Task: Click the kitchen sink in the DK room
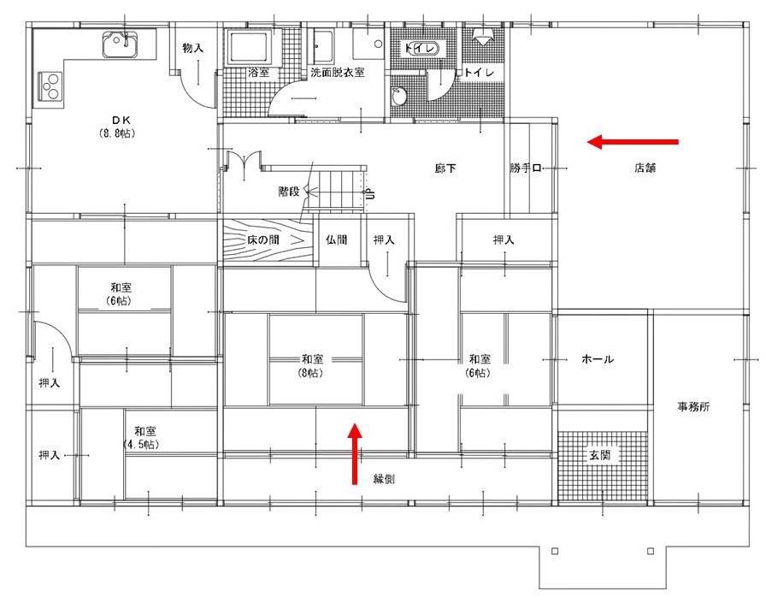click(x=121, y=44)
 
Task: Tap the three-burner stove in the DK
click(x=50, y=86)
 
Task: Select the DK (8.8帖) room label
click(x=118, y=127)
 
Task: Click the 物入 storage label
click(x=192, y=48)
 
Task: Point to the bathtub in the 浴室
click(x=250, y=47)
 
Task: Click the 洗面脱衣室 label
click(x=338, y=73)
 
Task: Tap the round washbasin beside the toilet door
click(x=399, y=97)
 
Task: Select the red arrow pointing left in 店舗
click(x=633, y=142)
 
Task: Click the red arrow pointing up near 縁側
click(x=355, y=454)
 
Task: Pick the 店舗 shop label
click(x=645, y=168)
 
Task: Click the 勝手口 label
click(x=525, y=168)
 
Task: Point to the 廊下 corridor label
click(x=445, y=168)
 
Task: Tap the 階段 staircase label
click(x=289, y=192)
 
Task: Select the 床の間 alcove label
click(x=262, y=240)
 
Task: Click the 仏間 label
click(x=337, y=240)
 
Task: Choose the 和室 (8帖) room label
click(x=312, y=366)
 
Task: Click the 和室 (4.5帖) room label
click(x=144, y=438)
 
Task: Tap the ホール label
click(x=598, y=359)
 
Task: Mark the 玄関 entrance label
click(x=599, y=455)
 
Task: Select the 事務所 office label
click(x=693, y=406)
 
